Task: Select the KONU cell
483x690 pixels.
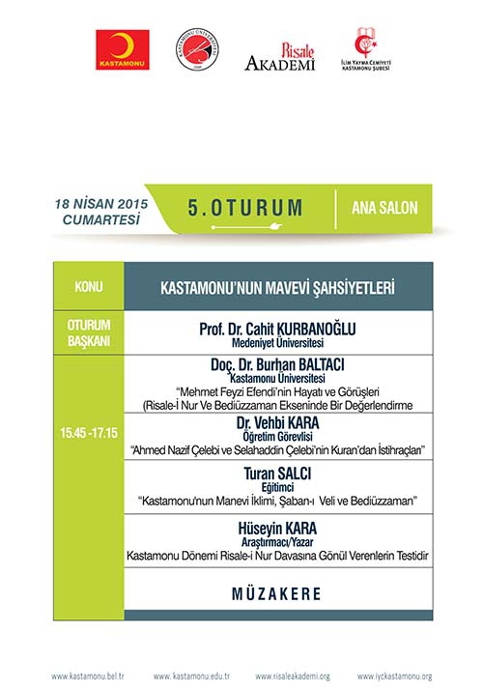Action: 89,287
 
